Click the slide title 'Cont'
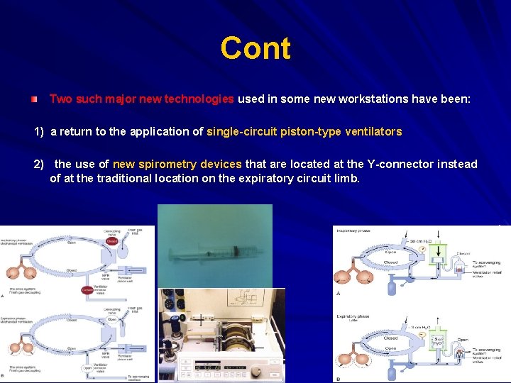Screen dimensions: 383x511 (x=255, y=48)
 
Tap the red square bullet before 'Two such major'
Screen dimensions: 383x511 (x=34, y=100)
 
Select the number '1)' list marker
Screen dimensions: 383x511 (x=40, y=132)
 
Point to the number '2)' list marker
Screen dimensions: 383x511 (x=40, y=165)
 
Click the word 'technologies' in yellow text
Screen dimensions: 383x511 (x=199, y=99)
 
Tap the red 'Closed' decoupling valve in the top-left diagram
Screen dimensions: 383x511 (x=111, y=242)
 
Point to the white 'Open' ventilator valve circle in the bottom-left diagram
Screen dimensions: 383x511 (x=87, y=367)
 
